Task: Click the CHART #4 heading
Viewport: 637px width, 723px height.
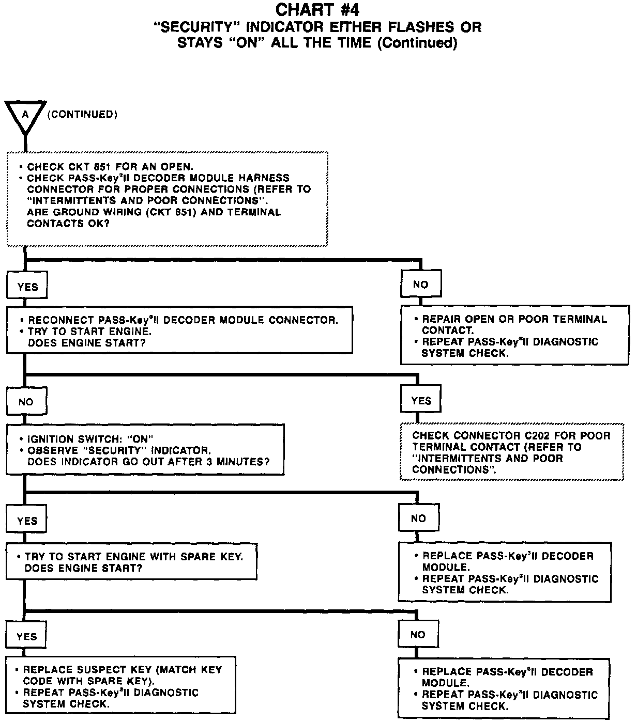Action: point(317,10)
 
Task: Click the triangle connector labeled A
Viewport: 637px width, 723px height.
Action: point(25,115)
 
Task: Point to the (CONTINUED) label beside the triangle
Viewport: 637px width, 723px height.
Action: point(82,115)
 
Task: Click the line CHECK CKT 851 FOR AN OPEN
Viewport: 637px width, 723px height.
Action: point(110,167)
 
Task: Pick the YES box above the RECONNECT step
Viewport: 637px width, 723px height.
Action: point(27,287)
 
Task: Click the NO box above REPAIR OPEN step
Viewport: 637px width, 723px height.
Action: point(421,285)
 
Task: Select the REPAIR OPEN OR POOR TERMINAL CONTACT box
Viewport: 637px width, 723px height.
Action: point(515,335)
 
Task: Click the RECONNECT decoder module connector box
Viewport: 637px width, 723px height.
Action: point(179,331)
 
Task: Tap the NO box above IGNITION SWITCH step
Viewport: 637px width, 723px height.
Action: point(26,402)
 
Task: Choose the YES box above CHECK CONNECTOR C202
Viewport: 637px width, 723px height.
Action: point(421,401)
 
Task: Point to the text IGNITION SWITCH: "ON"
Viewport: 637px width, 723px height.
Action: point(91,439)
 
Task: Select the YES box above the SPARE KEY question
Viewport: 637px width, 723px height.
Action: point(27,521)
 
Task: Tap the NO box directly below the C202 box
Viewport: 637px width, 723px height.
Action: point(418,518)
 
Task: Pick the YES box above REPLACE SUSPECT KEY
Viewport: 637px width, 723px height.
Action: point(26,636)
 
